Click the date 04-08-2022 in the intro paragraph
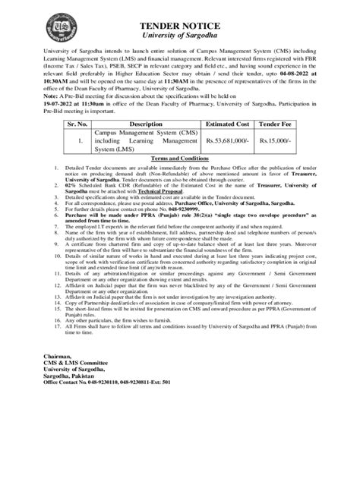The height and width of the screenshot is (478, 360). [298, 90]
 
